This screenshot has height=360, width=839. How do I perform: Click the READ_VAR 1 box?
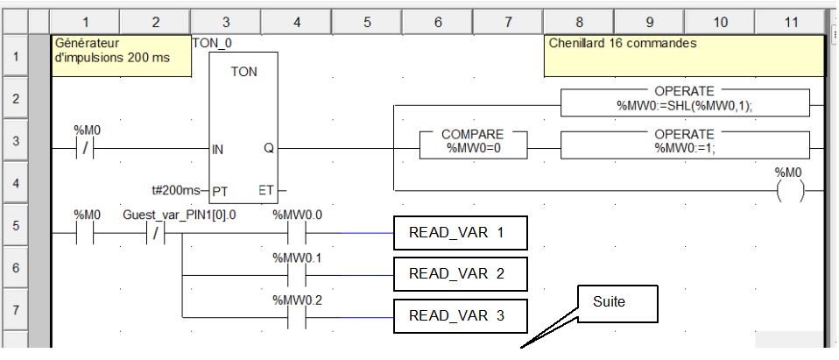tap(461, 234)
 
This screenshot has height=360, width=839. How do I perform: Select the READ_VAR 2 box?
tap(461, 274)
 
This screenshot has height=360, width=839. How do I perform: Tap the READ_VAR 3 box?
tap(461, 316)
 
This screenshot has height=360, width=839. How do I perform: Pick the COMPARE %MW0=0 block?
tap(472, 141)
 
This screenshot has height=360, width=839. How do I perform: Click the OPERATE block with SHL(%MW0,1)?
tap(684, 98)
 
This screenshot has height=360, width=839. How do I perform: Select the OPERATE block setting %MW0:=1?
tap(684, 141)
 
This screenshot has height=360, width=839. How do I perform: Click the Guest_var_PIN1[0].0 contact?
tap(154, 234)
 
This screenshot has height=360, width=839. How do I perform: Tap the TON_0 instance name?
tap(211, 41)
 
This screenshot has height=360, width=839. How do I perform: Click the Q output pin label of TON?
tap(268, 149)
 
